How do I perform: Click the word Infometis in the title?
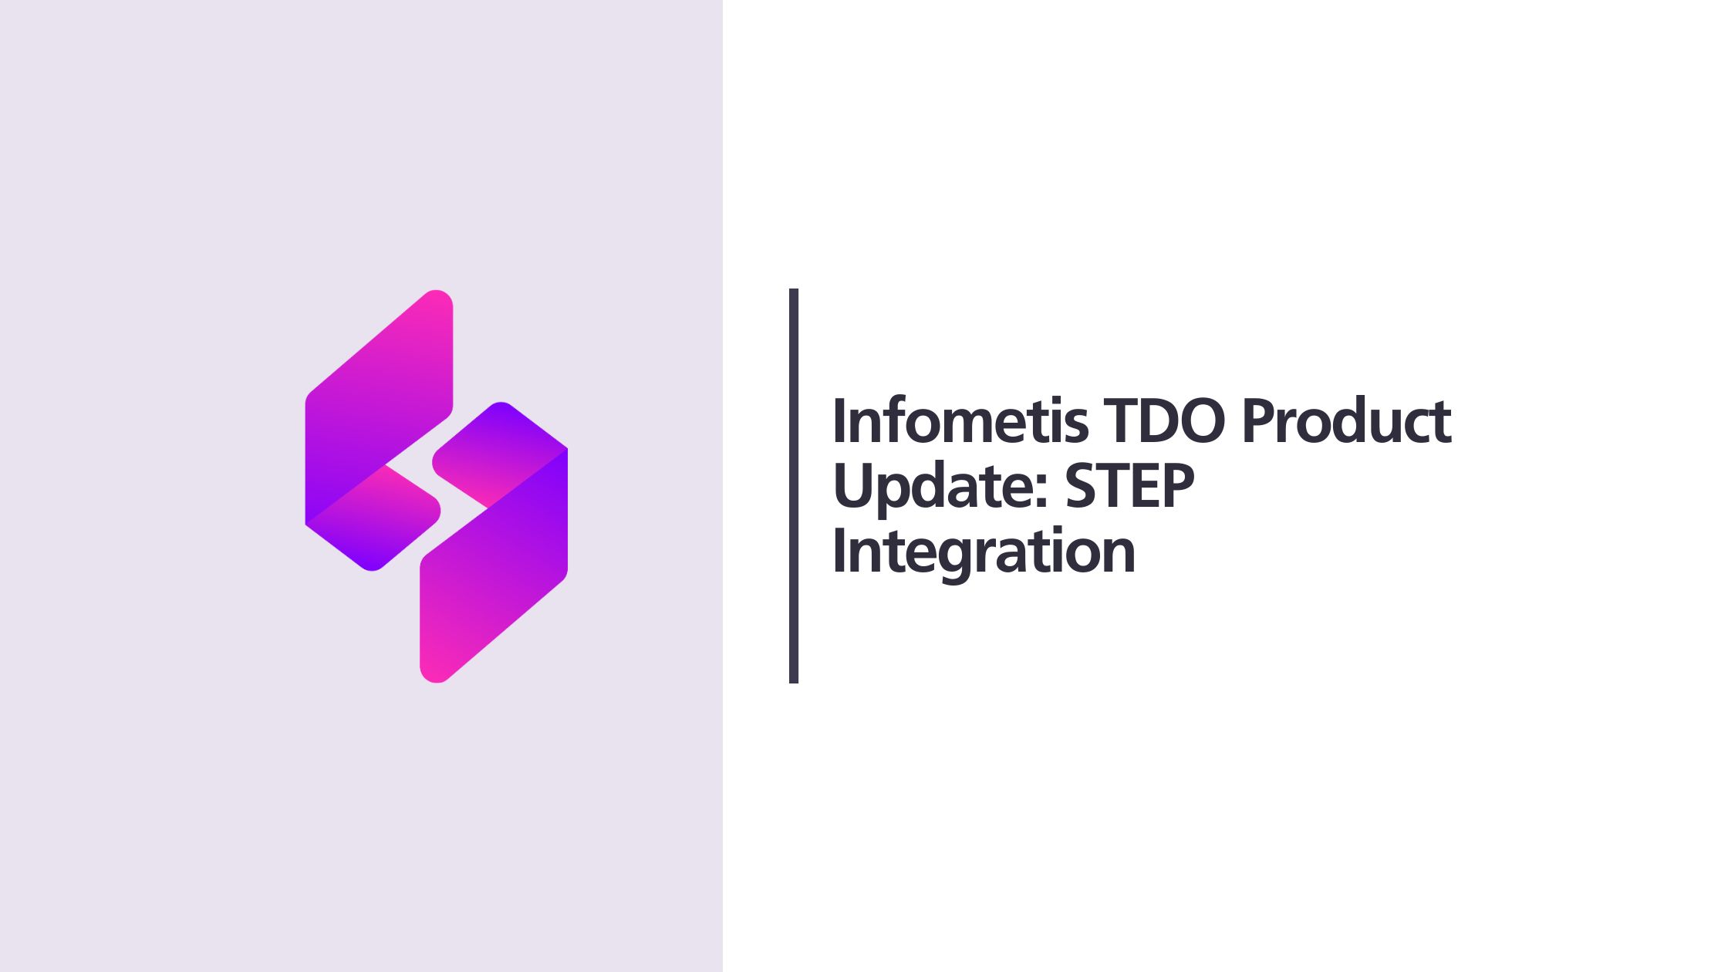(x=960, y=421)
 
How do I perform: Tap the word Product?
(x=1346, y=421)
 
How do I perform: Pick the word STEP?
(x=1130, y=487)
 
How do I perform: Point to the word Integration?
(x=984, y=552)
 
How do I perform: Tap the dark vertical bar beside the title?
(x=794, y=486)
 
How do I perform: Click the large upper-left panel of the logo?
(x=378, y=401)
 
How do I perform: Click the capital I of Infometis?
(x=840, y=421)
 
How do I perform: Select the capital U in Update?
(x=854, y=487)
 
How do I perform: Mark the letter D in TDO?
(x=1161, y=421)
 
